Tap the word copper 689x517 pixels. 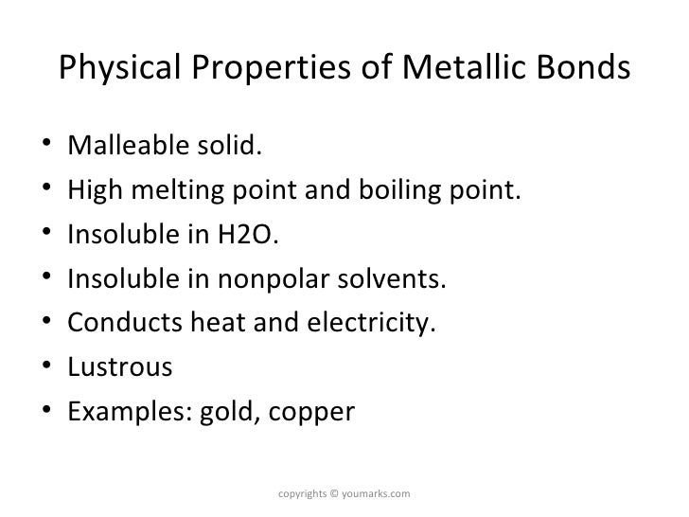307,414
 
